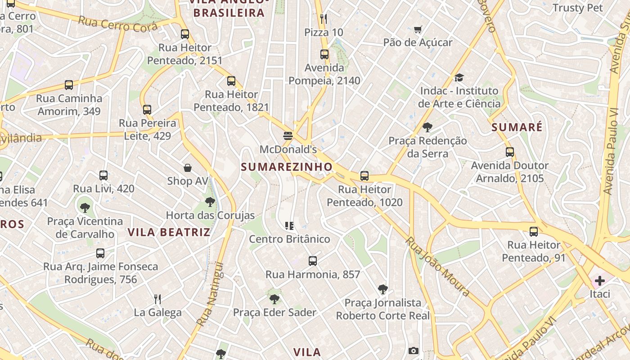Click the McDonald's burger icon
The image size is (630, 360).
(x=288, y=135)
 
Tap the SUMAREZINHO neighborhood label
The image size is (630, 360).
(x=287, y=167)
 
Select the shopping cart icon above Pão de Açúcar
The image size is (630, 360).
(x=418, y=30)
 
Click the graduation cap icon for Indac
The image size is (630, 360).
(x=459, y=78)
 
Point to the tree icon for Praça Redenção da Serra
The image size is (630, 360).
(x=427, y=127)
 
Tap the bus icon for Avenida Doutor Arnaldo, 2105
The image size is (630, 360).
(x=509, y=152)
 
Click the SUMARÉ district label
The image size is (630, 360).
(x=517, y=127)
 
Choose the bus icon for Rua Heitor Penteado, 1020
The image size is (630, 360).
(x=364, y=176)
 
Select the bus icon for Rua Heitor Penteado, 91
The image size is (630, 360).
(x=534, y=232)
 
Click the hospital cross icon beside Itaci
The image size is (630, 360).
(x=599, y=281)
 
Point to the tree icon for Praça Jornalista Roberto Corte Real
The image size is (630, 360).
(x=383, y=289)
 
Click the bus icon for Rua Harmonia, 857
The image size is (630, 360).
(x=313, y=261)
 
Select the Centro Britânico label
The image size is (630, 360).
(x=289, y=239)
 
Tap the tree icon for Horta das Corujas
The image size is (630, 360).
(x=210, y=202)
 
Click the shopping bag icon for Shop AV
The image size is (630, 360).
(x=188, y=168)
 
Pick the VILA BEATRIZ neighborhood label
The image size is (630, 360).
(x=169, y=232)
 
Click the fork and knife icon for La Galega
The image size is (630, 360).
(x=157, y=299)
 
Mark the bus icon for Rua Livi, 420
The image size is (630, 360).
(x=103, y=175)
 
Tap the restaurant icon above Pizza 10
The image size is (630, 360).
(x=324, y=19)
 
